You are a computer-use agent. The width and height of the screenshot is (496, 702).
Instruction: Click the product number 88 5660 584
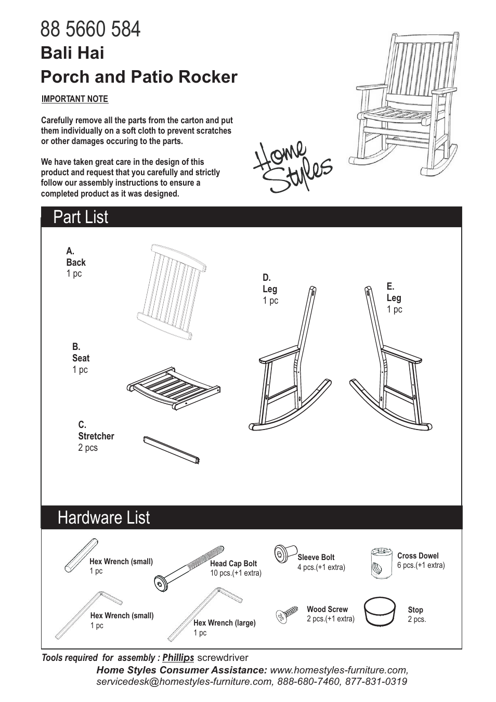[x=90, y=29]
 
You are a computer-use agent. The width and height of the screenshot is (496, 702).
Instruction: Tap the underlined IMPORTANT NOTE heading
[x=74, y=99]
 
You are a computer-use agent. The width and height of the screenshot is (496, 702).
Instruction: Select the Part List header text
[x=81, y=217]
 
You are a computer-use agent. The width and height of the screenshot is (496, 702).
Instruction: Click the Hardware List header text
[x=104, y=517]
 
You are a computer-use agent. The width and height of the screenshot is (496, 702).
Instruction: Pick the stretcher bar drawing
[x=171, y=449]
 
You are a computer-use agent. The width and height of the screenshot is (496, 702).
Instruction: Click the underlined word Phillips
[x=178, y=657]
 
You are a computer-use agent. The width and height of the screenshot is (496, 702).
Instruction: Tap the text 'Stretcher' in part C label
[x=96, y=436]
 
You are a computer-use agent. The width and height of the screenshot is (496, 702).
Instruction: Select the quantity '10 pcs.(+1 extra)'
[x=236, y=573]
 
